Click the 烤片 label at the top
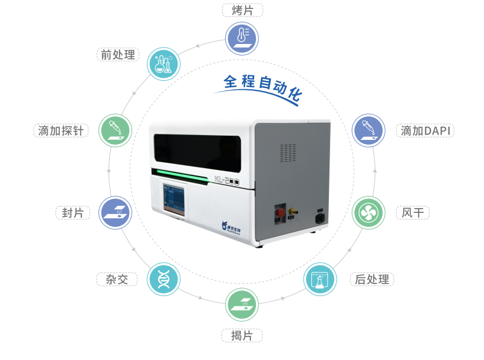click(x=242, y=10)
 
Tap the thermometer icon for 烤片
click(x=241, y=38)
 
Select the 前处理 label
click(x=118, y=54)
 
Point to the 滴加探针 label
click(x=61, y=130)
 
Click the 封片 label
click(x=72, y=213)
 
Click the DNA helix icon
click(x=164, y=279)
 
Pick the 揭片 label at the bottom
click(x=242, y=335)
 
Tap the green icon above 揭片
click(x=241, y=305)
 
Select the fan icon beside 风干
click(x=368, y=212)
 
